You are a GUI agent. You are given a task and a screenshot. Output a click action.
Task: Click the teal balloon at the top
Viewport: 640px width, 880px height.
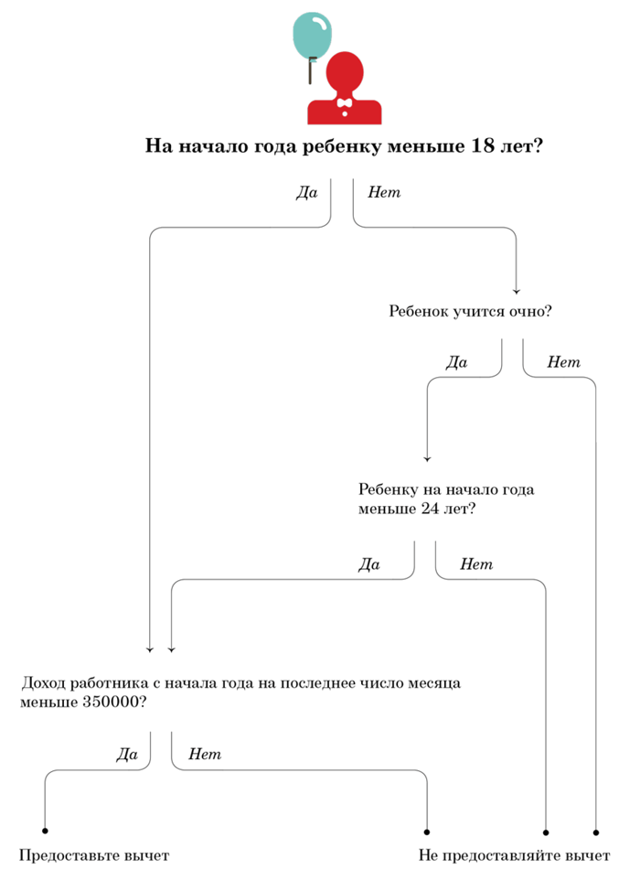coord(313,35)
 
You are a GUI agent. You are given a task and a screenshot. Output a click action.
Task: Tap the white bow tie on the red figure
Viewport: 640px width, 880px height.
coord(345,103)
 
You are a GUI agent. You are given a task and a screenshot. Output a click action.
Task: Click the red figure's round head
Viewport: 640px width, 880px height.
coord(345,73)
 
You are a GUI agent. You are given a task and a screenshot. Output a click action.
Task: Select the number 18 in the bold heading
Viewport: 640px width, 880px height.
coord(483,146)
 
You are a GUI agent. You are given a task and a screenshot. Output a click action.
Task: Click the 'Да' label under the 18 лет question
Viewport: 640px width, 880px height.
coord(307,192)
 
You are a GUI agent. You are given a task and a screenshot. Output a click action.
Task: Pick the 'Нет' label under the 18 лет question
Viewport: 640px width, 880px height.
coord(384,192)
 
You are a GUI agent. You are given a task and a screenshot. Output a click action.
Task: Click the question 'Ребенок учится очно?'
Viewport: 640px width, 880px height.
coord(471,311)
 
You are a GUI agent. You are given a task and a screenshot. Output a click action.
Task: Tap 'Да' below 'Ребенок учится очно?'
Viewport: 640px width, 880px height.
coord(456,362)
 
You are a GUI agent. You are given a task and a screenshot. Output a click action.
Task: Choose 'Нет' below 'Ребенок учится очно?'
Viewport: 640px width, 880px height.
coord(564,362)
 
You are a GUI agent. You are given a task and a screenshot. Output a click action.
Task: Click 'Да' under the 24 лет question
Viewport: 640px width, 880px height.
coord(369,564)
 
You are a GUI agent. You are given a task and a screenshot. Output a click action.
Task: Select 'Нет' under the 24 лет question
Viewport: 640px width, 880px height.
coord(476,564)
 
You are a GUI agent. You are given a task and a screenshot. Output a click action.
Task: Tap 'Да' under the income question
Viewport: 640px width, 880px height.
coord(127,755)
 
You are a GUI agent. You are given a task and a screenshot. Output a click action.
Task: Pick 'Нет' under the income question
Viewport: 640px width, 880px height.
coord(205,755)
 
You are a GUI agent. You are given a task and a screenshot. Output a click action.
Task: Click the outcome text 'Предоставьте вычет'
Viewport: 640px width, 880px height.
coord(94,856)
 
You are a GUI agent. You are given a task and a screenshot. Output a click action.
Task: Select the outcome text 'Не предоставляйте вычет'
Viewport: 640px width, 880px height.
coord(514,856)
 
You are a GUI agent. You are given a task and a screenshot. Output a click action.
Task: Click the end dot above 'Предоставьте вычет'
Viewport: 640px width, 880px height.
coord(45,831)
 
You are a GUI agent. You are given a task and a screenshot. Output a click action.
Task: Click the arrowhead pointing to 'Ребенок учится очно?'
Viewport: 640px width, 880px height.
coord(516,291)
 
